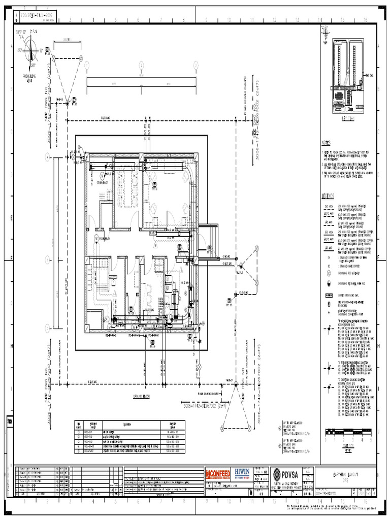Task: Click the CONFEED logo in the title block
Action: (x=218, y=474)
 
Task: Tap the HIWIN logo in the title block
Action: (x=245, y=474)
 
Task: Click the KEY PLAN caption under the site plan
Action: (x=348, y=118)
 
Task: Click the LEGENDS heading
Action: (x=328, y=196)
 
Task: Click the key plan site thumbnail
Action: (x=348, y=76)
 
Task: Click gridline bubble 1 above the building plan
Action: (x=87, y=65)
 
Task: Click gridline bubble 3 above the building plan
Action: (x=195, y=65)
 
